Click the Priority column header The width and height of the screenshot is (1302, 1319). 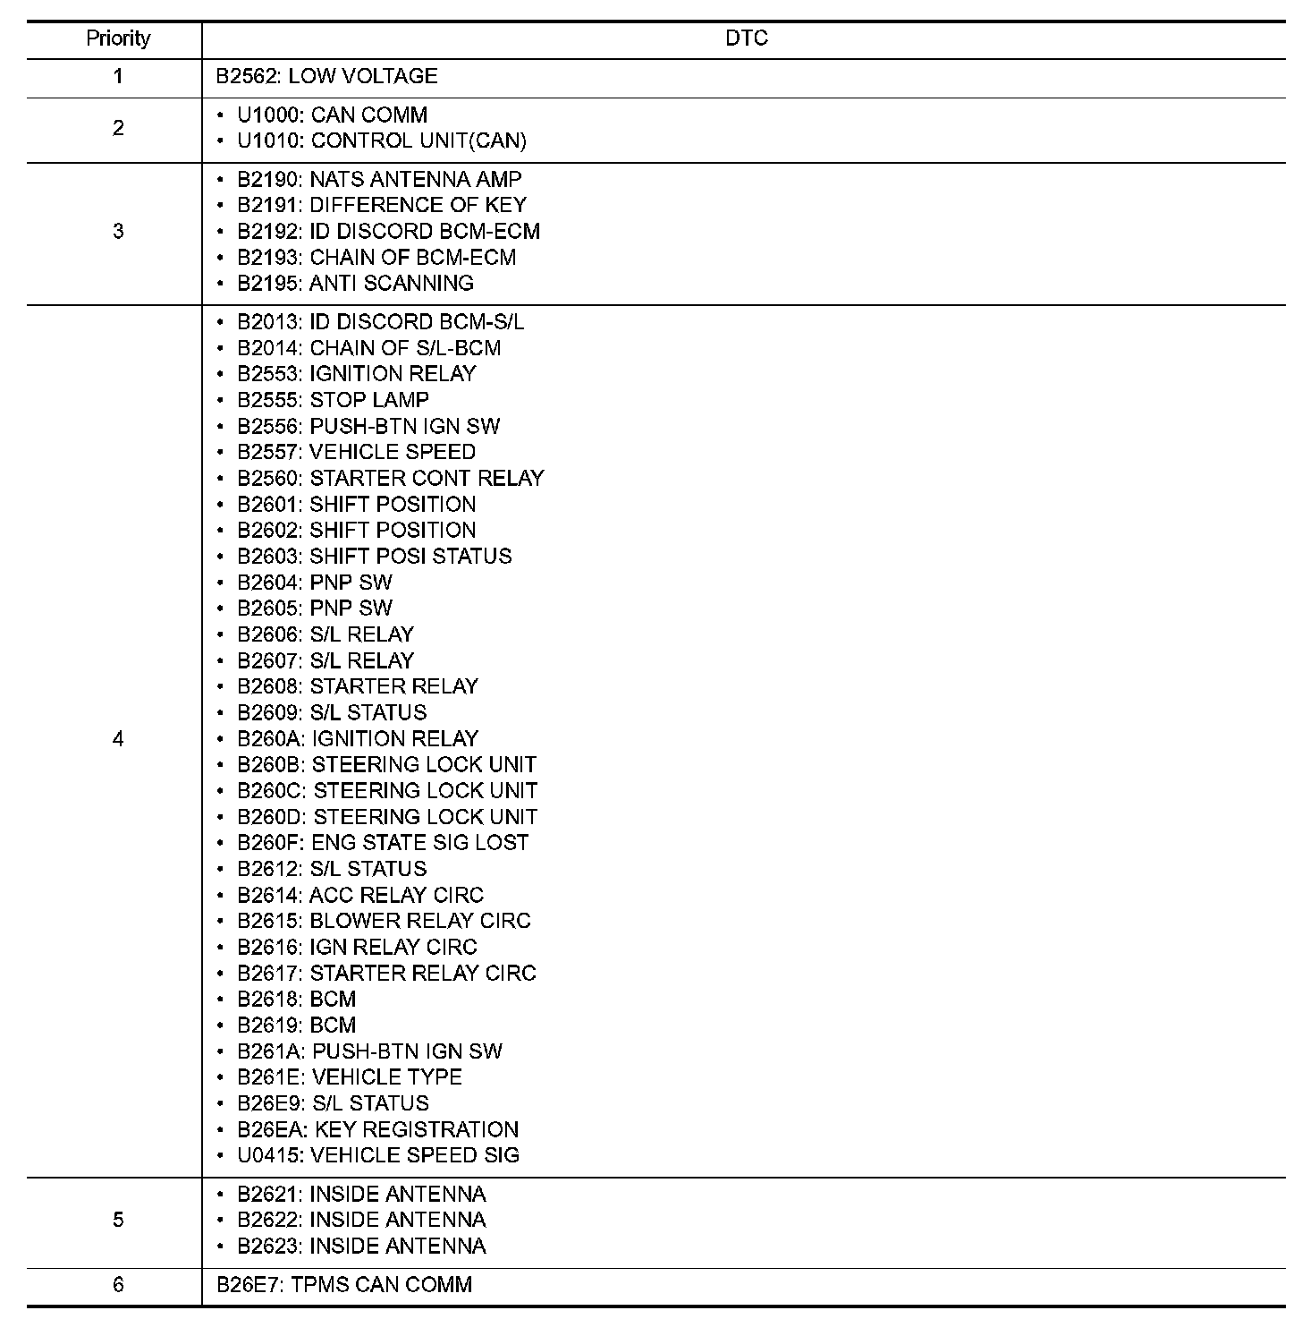[118, 38]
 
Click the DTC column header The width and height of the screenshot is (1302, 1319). [746, 38]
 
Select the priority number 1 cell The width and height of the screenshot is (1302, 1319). [118, 77]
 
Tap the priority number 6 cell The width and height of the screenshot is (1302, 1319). [118, 1285]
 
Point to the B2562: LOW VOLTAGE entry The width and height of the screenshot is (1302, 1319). [326, 77]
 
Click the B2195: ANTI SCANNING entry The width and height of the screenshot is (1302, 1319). [355, 284]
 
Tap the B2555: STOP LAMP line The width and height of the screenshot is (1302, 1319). [333, 400]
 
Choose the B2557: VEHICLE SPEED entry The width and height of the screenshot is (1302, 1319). [356, 452]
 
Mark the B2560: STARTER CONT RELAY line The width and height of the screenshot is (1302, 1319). [390, 478]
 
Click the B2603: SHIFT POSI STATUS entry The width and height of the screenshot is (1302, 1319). [374, 557]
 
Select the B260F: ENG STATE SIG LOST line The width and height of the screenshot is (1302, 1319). [383, 843]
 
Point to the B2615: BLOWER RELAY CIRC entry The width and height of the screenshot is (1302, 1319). [384, 921]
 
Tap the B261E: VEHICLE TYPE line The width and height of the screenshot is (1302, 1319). [349, 1077]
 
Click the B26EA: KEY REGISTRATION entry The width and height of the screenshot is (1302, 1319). [377, 1129]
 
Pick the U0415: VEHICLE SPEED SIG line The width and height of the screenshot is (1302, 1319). [377, 1155]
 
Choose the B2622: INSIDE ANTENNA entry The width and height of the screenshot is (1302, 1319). [361, 1221]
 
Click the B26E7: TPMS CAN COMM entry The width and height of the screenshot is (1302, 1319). [344, 1285]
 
